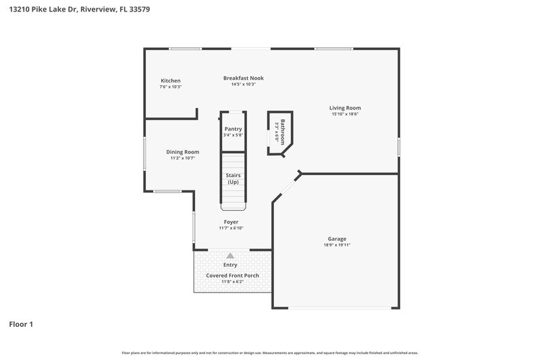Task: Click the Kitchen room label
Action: (170, 80)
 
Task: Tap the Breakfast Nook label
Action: (243, 78)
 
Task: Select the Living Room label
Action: (344, 107)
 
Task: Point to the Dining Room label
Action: (182, 152)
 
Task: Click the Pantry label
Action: (233, 129)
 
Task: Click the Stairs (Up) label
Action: (233, 178)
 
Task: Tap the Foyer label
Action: (231, 222)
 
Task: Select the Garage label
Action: (337, 238)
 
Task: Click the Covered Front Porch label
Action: (232, 276)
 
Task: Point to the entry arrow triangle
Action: (230, 255)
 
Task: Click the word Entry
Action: (230, 265)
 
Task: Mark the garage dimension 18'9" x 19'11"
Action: (337, 245)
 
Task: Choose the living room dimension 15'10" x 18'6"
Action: (344, 114)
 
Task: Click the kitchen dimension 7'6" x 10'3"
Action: (170, 87)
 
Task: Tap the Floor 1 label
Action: (21, 324)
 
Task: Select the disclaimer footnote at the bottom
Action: (269, 353)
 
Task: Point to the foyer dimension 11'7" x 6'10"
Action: (231, 228)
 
